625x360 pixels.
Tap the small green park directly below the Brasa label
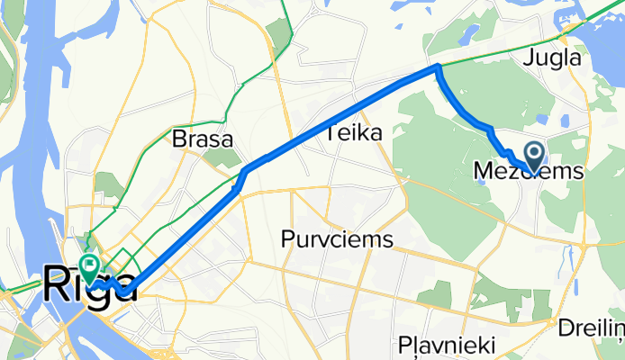tap(217, 159)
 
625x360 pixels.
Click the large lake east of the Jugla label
tap(603, 36)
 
